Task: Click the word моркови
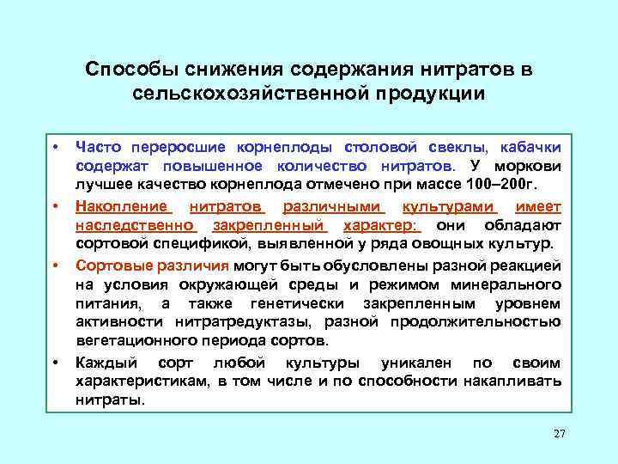pyautogui.click(x=529, y=165)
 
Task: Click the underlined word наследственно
pyautogui.click(x=136, y=224)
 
